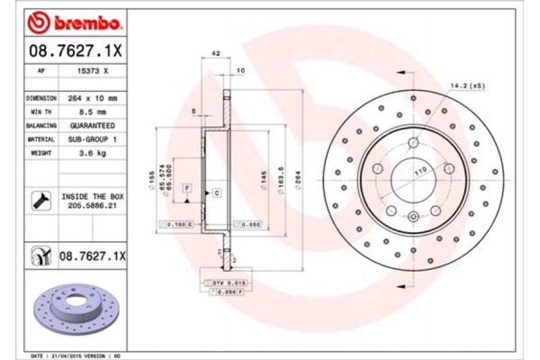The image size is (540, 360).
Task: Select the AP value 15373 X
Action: (93, 69)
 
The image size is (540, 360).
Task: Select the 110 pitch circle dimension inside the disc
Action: (393, 169)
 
